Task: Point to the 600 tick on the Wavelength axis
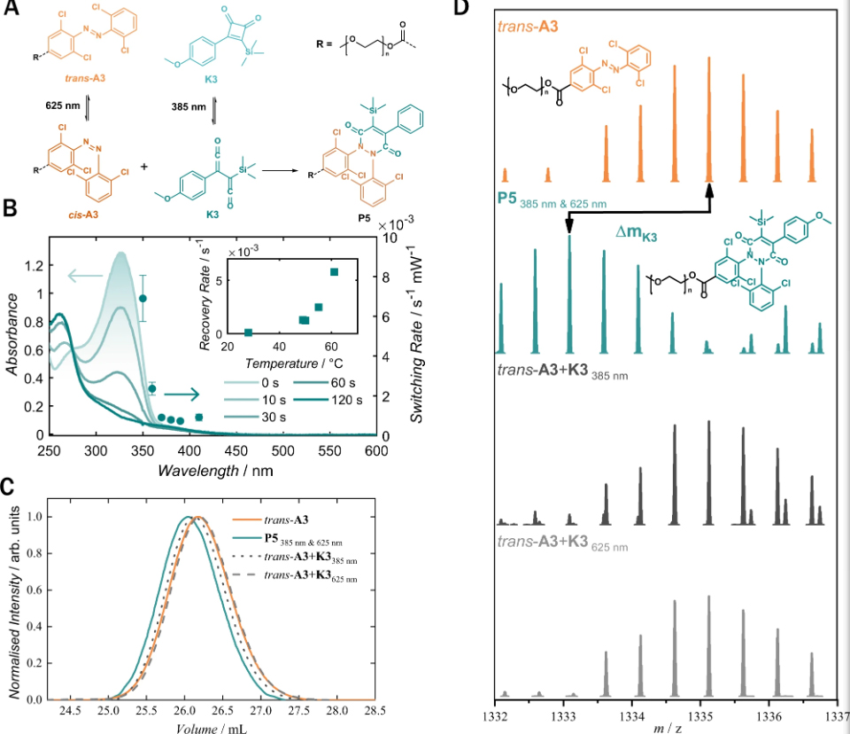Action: [x=376, y=450]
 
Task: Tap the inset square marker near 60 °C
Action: [x=334, y=271]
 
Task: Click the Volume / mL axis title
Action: [x=211, y=727]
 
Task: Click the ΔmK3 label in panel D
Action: [x=639, y=232]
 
